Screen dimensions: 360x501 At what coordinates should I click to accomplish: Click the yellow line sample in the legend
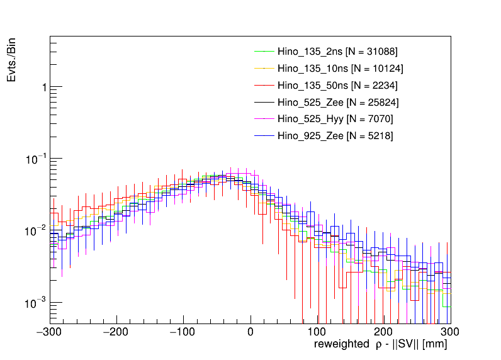click(264, 68)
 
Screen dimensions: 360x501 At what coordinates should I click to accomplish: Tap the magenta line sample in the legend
click(264, 119)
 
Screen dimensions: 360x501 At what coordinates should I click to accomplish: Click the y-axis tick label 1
click(43, 87)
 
